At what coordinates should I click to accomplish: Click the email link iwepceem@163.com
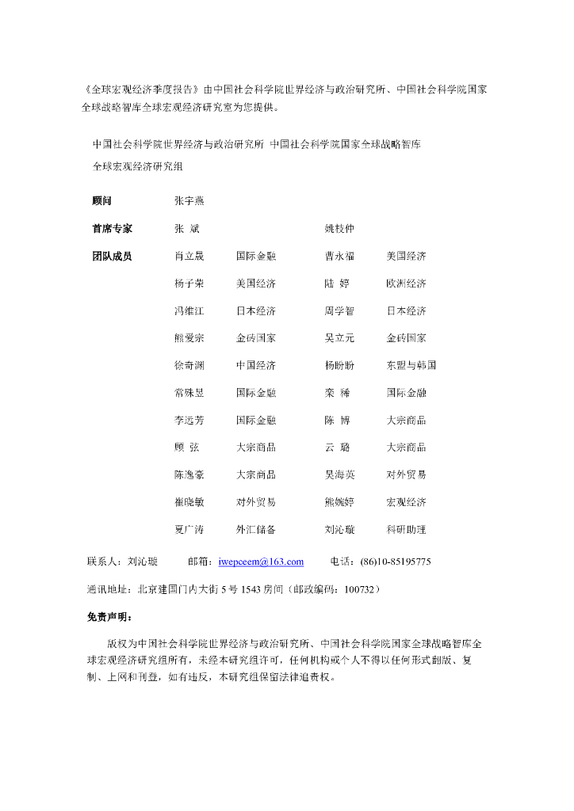tap(261, 562)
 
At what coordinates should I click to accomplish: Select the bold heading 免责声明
tap(110, 616)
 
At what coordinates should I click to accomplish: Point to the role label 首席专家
tap(112, 228)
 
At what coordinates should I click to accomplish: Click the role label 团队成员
tap(112, 256)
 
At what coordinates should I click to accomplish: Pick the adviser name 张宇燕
tap(189, 201)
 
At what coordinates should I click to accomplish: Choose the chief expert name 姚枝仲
tap(339, 228)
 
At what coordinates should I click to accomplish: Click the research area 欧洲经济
tap(406, 284)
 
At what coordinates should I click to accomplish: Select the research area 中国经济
tap(255, 365)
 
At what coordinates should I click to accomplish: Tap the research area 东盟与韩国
tap(411, 365)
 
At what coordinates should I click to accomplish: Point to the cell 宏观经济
tap(406, 502)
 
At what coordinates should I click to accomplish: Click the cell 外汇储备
tap(255, 529)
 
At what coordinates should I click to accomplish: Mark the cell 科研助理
tap(406, 529)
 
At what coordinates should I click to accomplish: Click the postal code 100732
tap(358, 589)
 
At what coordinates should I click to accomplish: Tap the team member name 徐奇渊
tap(189, 365)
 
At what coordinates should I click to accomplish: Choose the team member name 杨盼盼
tap(339, 365)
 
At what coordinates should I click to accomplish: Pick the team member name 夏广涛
tap(189, 529)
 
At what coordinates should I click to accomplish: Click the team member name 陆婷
tap(337, 284)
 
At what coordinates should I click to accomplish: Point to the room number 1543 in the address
tap(251, 589)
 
